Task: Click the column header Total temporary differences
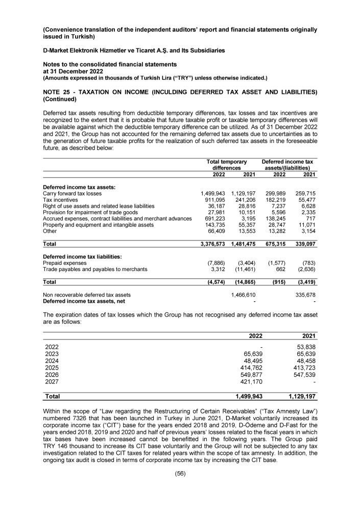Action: click(226, 164)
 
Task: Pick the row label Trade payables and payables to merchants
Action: click(95, 269)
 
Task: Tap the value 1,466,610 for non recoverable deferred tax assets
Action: click(243, 295)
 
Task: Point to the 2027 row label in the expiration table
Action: click(52, 380)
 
